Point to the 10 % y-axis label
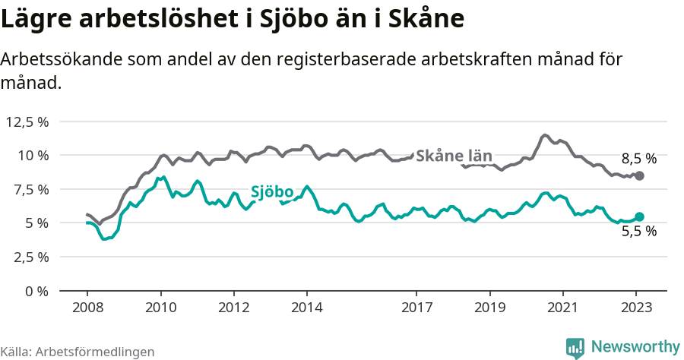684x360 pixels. pos(33,155)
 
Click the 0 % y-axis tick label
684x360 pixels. pos(37,291)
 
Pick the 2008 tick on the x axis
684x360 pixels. pos(87,308)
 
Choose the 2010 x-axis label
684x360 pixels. pos(160,308)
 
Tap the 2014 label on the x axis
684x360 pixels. pos(306,308)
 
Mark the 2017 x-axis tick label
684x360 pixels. pos(416,308)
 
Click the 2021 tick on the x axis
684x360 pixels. pos(562,308)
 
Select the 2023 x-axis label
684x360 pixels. pos(635,308)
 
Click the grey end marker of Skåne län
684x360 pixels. pos(639,175)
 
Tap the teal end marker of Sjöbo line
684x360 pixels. pos(639,217)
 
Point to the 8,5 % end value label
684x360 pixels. pos(638,159)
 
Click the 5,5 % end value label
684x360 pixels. pos(638,232)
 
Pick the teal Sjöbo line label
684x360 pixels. pos(272,192)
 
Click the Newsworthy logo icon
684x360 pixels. pos(575,347)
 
